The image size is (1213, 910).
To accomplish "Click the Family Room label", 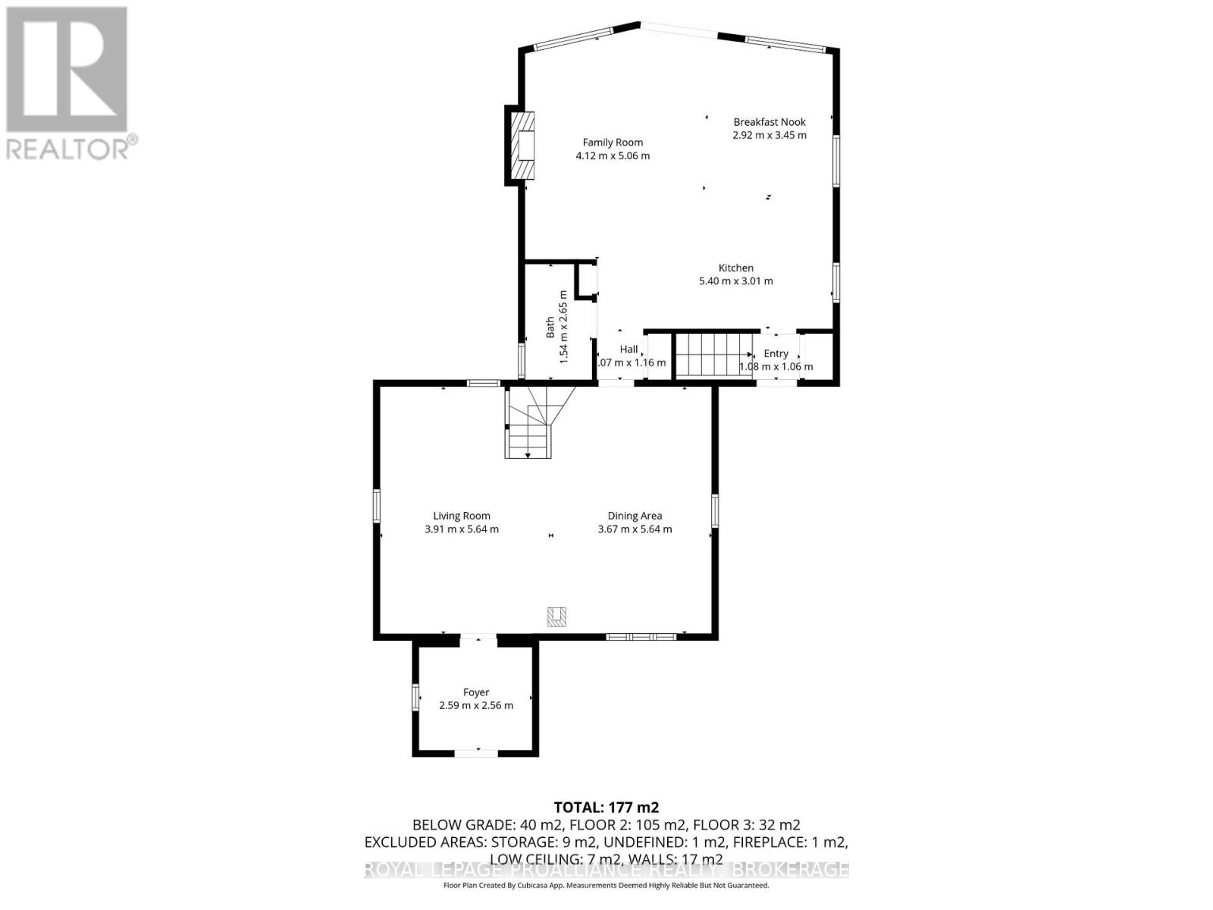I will [613, 143].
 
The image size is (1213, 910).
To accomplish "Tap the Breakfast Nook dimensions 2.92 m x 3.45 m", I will [769, 136].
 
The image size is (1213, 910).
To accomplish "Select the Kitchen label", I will [735, 268].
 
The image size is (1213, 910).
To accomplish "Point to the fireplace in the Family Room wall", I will [521, 146].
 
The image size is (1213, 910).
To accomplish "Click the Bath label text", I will [550, 327].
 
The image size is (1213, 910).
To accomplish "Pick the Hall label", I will [628, 350].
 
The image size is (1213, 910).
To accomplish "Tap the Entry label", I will [776, 353].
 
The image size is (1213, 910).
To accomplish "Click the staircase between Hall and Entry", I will [713, 355].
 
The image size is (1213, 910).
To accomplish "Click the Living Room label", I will [462, 516].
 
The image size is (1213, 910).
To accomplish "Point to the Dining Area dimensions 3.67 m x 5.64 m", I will [635, 529].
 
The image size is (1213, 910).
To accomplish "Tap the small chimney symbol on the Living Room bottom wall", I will [557, 617].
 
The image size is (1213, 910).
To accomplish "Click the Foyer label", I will [476, 692].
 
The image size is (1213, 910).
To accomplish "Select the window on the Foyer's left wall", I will [415, 697].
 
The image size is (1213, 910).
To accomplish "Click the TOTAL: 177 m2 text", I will [606, 807].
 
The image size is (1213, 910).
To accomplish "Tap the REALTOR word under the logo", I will [67, 148].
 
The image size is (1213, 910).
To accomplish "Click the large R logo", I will [67, 70].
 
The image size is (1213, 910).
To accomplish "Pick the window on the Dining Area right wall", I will [714, 510].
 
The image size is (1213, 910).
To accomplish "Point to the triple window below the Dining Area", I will [641, 637].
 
